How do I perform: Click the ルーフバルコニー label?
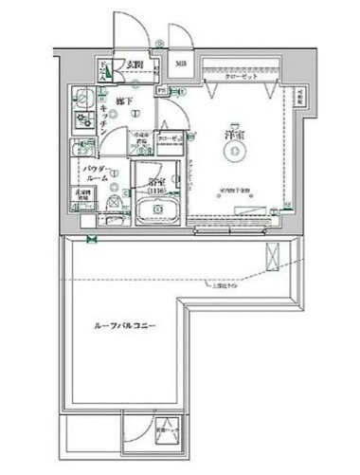coord(124,326)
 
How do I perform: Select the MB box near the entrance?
coord(180,64)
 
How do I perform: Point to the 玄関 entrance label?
coord(135,64)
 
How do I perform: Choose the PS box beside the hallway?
coord(162,91)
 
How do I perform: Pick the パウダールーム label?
coord(95,172)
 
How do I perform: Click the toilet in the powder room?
coord(114,202)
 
